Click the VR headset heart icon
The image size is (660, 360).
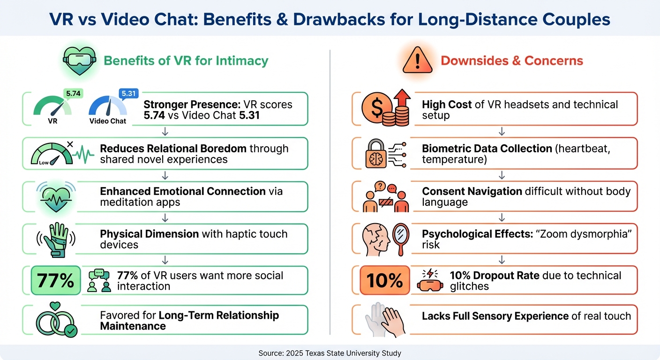79,61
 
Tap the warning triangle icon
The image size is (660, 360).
414,61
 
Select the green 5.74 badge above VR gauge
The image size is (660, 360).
73,94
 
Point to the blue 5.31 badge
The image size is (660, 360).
128,94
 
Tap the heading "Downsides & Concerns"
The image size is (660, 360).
512,60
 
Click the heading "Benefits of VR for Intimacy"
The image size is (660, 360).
186,60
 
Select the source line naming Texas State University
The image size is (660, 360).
330,353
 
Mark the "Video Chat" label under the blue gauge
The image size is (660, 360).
108,121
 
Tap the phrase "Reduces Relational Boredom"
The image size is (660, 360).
173,149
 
